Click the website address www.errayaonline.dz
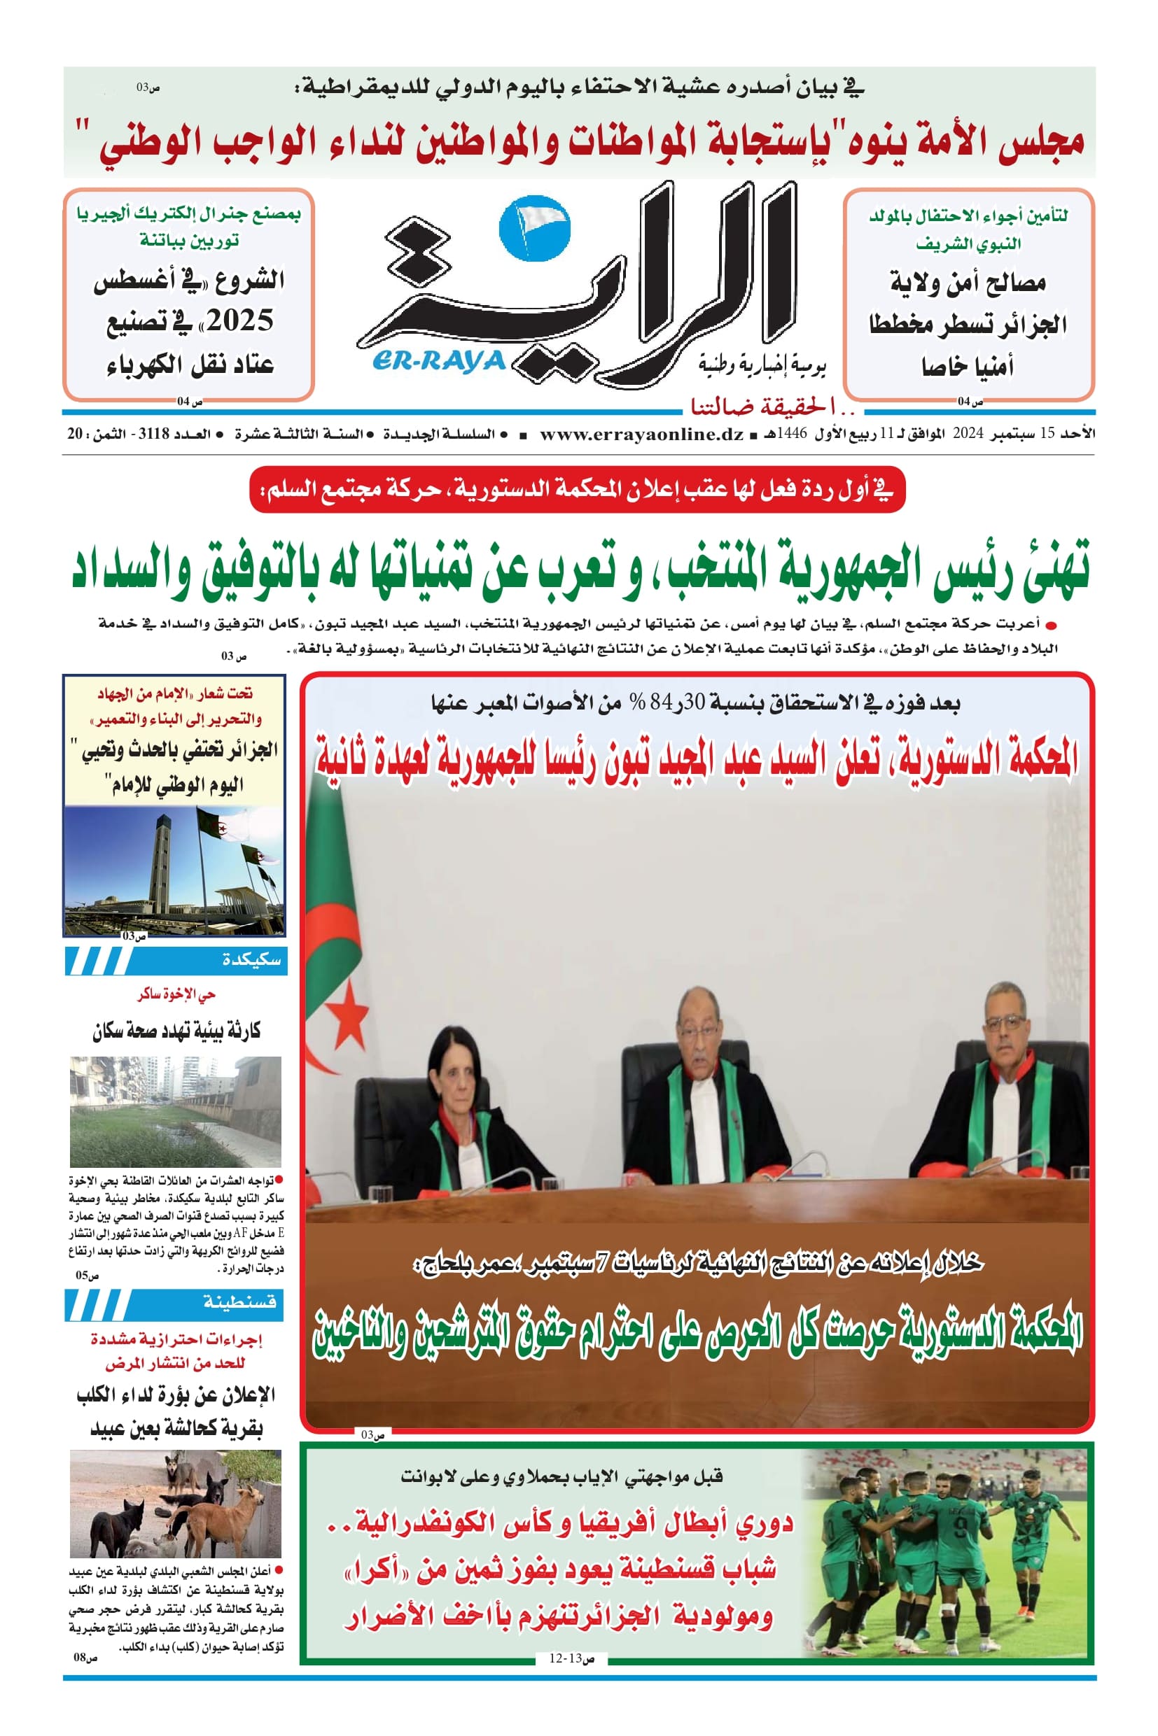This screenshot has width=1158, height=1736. (641, 434)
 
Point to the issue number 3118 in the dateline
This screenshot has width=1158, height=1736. (154, 434)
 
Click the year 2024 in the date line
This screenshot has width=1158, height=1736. (968, 434)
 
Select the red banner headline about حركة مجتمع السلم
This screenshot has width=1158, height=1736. (578, 489)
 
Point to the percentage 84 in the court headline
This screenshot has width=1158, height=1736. (657, 703)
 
